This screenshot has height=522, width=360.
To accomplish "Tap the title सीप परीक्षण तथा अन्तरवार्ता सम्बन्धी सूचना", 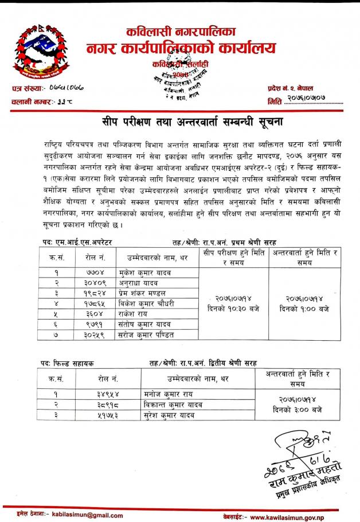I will pyautogui.click(x=179, y=122).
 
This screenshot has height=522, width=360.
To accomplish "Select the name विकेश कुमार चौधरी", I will pyautogui.click(x=148, y=303).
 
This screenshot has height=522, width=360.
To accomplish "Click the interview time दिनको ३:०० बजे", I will pyautogui.click(x=298, y=410).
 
